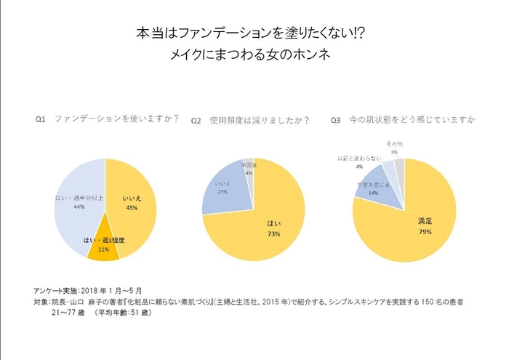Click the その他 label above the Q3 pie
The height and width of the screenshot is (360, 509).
[393, 145]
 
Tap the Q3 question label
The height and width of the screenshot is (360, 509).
[335, 119]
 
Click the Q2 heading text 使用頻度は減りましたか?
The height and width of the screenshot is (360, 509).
[258, 119]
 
